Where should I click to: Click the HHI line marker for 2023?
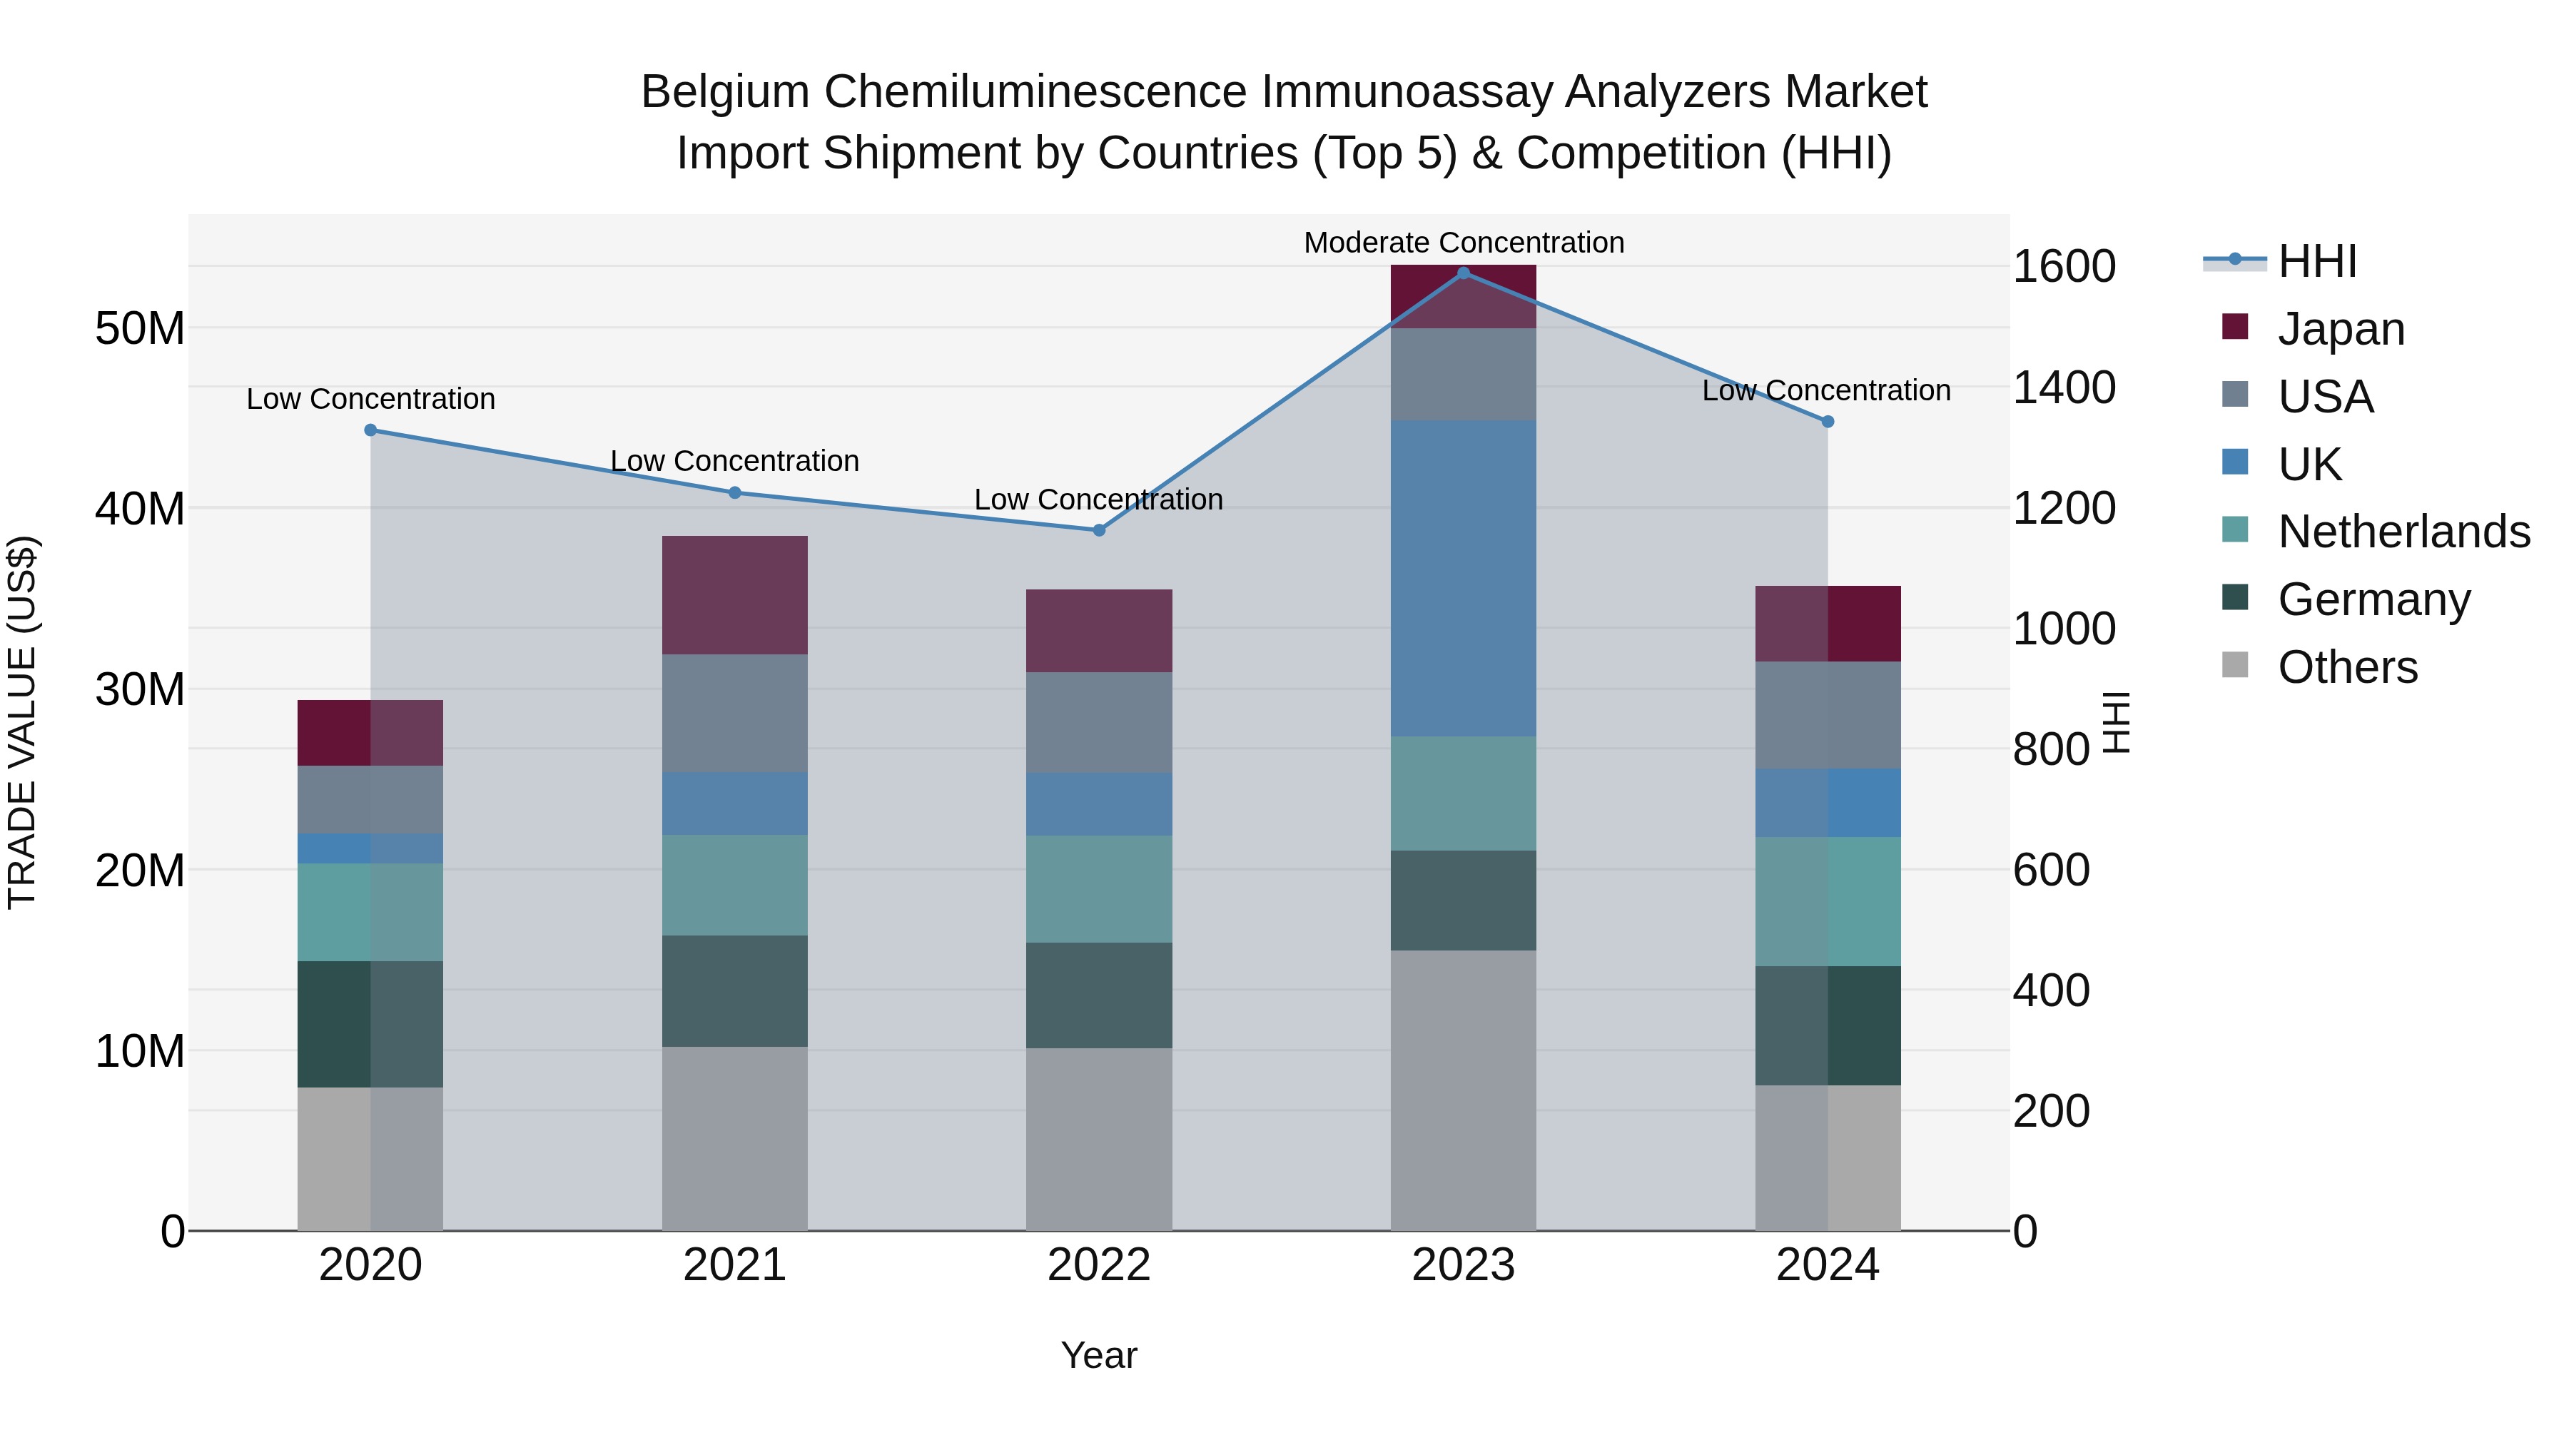point(1463,273)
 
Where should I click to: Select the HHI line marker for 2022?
point(1099,530)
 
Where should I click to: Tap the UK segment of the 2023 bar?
point(1463,579)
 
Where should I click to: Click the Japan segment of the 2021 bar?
point(735,595)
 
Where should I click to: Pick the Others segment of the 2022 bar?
point(1099,1139)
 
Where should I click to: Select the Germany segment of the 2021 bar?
point(735,991)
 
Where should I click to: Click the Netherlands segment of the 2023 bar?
point(1463,794)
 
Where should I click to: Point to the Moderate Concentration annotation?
point(1463,243)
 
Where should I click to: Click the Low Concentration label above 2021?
point(735,461)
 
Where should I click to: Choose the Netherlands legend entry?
point(2403,532)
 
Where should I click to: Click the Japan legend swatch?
point(2235,327)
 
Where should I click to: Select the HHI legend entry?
point(2316,261)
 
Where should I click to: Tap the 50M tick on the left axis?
point(140,328)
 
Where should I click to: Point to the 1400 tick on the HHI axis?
point(2063,388)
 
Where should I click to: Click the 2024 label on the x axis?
point(1827,1265)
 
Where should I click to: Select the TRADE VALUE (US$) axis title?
point(22,722)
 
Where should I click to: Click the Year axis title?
point(1099,1355)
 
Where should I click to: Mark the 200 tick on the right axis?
point(2050,1111)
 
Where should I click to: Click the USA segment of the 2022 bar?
point(1099,722)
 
